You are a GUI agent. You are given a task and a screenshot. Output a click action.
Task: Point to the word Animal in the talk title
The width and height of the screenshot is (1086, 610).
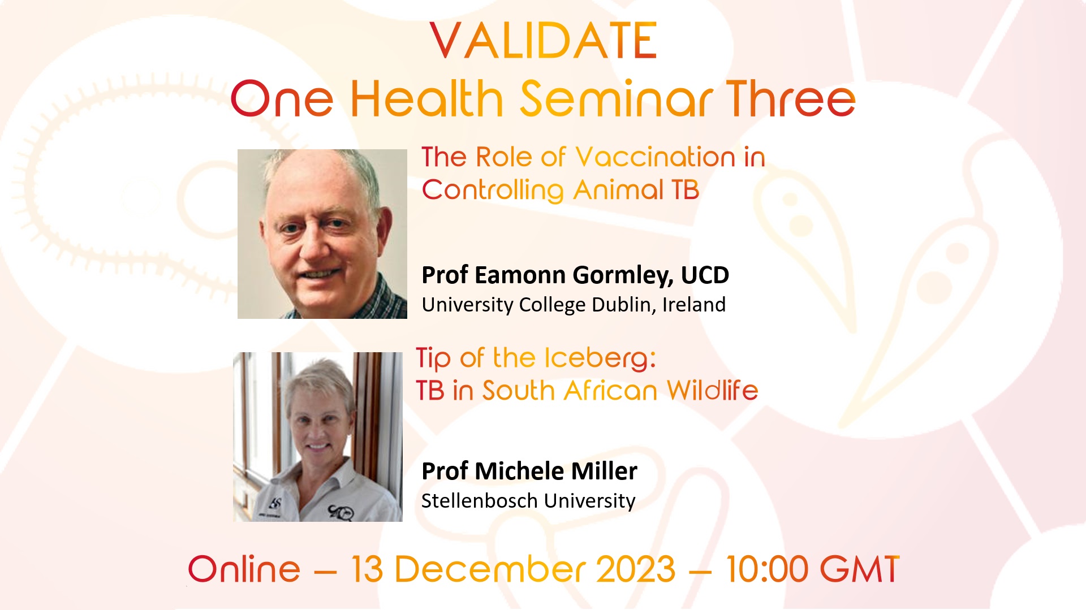coord(618,190)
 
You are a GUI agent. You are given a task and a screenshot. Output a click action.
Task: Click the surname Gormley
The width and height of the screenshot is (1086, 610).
coord(623,276)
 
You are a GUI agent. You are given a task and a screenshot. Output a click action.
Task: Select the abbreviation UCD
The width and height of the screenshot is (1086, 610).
coord(705,275)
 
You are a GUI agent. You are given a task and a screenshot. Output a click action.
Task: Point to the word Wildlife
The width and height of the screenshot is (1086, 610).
coord(712,391)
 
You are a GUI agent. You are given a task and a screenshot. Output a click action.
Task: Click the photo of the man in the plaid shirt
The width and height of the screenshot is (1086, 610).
coord(322,234)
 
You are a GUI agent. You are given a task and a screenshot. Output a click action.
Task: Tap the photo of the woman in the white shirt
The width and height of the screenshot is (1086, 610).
coord(318,437)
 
